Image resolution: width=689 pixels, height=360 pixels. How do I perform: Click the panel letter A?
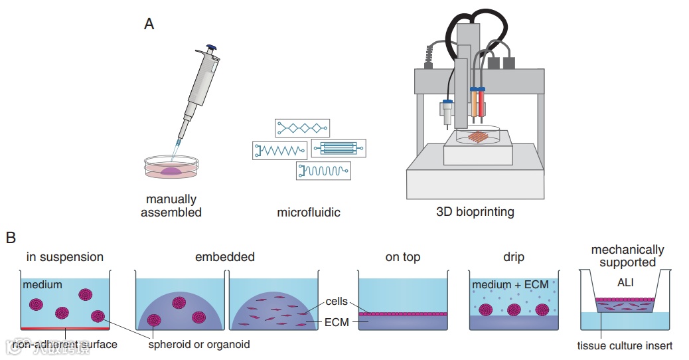(149, 25)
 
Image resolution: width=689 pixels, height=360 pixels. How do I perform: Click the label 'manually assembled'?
(171, 206)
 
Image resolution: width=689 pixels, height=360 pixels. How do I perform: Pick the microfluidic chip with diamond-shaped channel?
(302, 128)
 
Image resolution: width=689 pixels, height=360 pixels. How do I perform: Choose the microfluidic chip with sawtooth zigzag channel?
(279, 150)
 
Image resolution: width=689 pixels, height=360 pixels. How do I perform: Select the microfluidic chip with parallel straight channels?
(338, 148)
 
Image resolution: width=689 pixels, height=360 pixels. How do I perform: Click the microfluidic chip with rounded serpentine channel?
(323, 171)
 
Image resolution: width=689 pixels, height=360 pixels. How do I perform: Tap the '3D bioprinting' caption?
(475, 213)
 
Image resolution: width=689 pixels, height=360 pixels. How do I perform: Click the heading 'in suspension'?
(65, 256)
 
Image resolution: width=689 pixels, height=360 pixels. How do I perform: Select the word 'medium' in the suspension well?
(42, 285)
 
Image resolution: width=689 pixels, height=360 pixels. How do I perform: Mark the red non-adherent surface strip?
(65, 328)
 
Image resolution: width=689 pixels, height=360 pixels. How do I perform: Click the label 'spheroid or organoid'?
(199, 344)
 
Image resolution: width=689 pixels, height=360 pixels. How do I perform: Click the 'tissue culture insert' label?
(625, 345)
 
